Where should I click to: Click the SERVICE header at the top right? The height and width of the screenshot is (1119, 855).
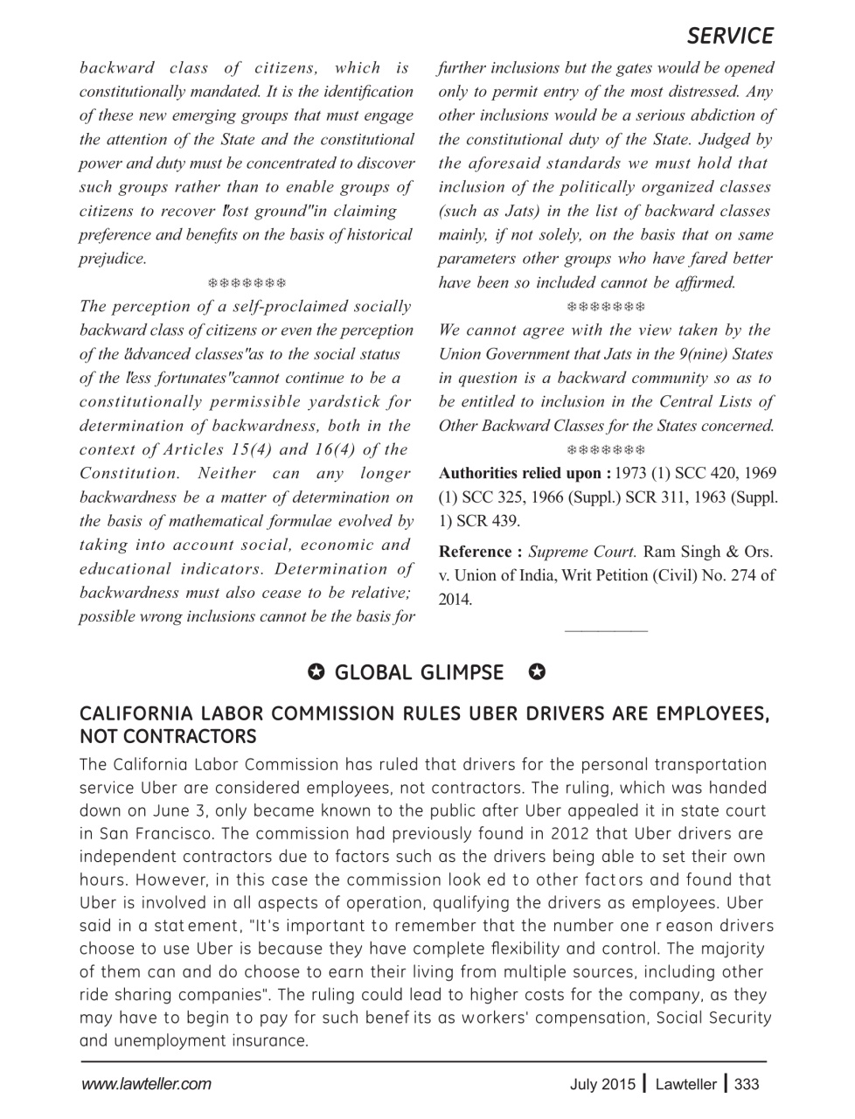click(x=729, y=36)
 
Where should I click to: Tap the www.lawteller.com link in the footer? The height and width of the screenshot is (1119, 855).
click(x=146, y=1085)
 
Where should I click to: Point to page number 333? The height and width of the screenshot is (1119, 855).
click(x=747, y=1085)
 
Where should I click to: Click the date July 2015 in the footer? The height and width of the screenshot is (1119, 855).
click(x=603, y=1085)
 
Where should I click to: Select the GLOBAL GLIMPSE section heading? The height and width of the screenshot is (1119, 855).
click(x=419, y=672)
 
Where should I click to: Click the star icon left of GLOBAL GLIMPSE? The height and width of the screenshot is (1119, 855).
click(x=317, y=671)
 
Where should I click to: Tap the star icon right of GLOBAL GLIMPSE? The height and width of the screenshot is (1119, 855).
click(x=538, y=671)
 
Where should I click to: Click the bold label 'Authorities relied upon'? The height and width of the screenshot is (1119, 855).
click(x=524, y=473)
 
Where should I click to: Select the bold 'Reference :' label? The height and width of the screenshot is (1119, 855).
click(x=480, y=552)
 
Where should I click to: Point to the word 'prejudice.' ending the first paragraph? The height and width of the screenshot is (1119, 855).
click(x=113, y=259)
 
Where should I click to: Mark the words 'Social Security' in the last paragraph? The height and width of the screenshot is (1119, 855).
click(x=713, y=1018)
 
